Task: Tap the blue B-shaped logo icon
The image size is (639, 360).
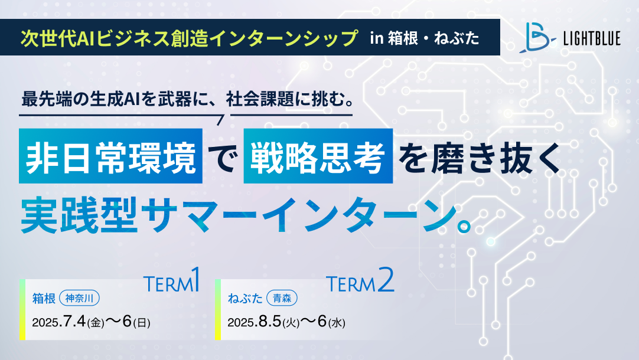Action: [x=537, y=37]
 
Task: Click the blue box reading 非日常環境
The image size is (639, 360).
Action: [x=110, y=156]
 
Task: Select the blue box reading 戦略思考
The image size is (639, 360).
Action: [x=318, y=156]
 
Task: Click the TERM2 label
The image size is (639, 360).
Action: [x=360, y=280]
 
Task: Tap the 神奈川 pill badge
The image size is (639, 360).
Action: [x=80, y=299]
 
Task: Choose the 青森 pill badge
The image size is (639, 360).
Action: [x=282, y=299]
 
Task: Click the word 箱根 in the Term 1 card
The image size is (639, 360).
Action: [x=44, y=299]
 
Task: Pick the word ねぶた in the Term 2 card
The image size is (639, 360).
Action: [x=245, y=299]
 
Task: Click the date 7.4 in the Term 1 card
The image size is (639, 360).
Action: [x=74, y=322]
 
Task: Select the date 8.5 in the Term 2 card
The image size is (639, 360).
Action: [x=270, y=322]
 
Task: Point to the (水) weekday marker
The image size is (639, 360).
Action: [x=337, y=323]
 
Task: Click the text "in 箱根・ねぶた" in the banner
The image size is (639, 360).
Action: [x=425, y=38]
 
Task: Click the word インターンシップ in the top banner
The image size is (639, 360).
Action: [x=284, y=38]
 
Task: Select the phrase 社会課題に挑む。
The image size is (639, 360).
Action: [x=290, y=99]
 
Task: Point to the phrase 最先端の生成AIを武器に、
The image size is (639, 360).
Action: [x=122, y=99]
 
